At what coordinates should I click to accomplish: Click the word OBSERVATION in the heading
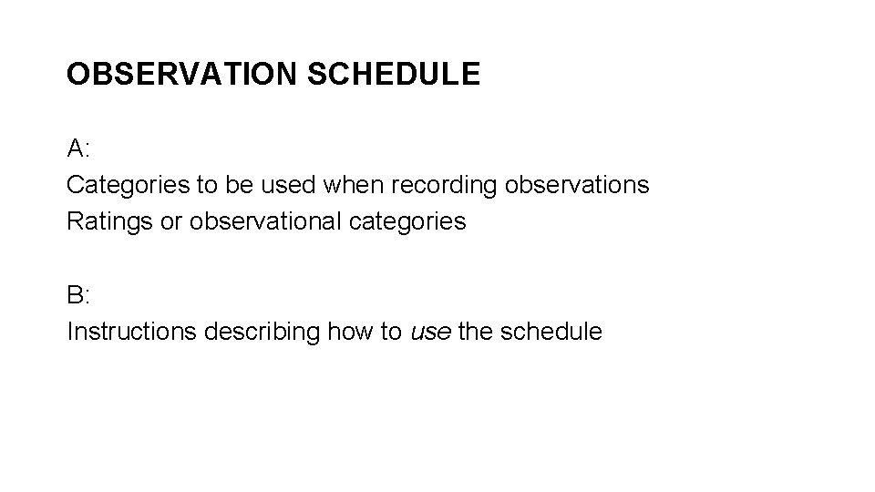[182, 75]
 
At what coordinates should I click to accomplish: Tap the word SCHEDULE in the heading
[394, 75]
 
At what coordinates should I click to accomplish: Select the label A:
[77, 148]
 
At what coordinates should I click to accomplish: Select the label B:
[77, 295]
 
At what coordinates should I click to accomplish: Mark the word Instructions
[131, 332]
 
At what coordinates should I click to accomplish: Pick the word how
[351, 332]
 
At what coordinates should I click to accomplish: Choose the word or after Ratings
[170, 221]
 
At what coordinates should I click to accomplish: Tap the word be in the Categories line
[248, 184]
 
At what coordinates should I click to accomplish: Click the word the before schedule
[474, 332]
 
